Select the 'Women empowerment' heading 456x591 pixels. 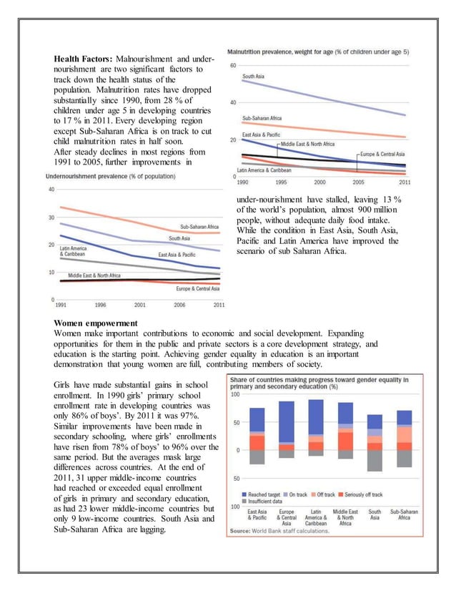point(96,323)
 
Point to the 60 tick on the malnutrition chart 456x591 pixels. point(233,66)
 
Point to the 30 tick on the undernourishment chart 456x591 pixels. point(51,217)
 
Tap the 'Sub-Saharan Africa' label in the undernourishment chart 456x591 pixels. point(199,226)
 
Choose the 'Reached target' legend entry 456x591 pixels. point(264,494)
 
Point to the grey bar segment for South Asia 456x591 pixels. point(375,460)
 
